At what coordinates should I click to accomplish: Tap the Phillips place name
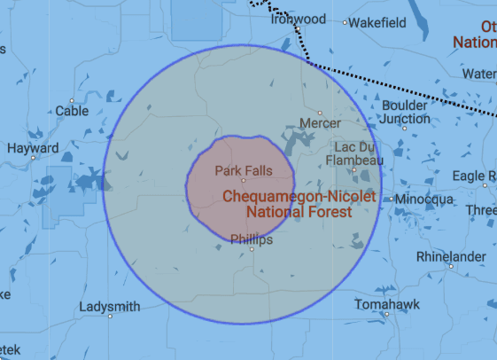pos(252,239)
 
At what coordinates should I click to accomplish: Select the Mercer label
pos(321,122)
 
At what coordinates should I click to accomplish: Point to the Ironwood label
pos(299,19)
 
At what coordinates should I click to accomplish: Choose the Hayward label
pos(33,148)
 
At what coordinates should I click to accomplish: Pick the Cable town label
pos(73,111)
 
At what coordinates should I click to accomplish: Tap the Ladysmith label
pos(110,307)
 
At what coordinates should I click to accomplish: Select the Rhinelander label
pos(450,256)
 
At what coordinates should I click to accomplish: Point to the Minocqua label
pos(424,199)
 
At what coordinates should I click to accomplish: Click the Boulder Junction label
pos(405,112)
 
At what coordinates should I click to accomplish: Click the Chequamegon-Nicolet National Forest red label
pos(299,204)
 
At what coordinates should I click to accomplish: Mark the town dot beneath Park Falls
pos(244,180)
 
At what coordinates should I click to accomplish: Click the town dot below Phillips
pos(252,250)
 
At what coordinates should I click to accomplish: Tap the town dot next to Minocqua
pos(390,199)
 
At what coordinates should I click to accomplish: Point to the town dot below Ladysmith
pos(111,317)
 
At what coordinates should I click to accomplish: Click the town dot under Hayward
pos(34,159)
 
